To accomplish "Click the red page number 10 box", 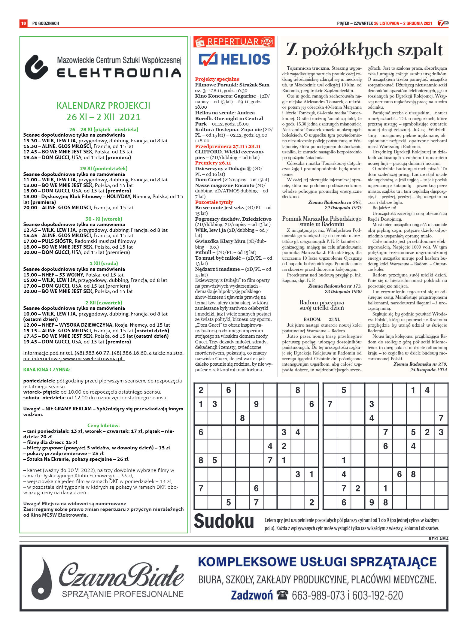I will click(23, 23).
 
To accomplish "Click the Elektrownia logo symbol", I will click(36, 67).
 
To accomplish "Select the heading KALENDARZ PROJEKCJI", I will click(103, 106).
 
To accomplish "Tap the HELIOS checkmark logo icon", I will click(208, 59).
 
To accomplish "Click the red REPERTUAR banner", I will click(234, 42).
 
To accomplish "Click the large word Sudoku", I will click(224, 521).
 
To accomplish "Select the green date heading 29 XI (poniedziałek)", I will click(104, 168).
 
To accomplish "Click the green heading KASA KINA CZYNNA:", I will click(47, 370).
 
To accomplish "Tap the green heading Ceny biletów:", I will click(104, 425).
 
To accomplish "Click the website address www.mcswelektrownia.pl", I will click(93, 358).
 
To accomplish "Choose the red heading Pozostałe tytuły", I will click(214, 202).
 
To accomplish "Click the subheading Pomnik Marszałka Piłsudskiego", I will click(322, 219).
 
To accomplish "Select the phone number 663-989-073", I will click(318, 595).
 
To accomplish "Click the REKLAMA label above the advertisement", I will click(438, 539).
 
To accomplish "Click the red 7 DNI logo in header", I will click(443, 23).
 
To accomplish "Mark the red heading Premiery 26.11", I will click(213, 163).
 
